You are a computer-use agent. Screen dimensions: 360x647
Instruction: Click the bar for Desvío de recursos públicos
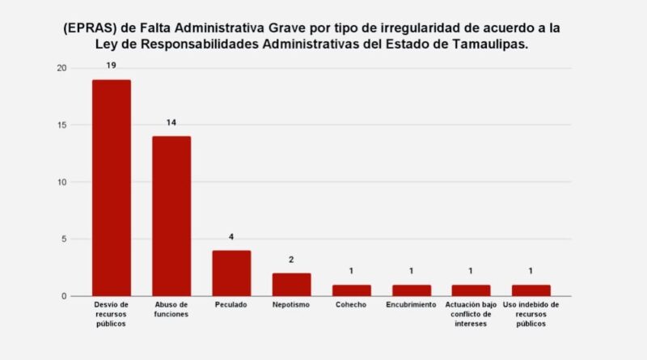112,188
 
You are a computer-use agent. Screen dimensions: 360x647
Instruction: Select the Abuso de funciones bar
171,216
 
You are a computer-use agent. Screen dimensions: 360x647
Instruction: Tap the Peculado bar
231,273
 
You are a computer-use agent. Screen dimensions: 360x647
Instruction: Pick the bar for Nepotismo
291,285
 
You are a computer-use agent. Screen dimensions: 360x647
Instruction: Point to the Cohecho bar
351,290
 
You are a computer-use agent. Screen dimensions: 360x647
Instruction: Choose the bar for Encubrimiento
411,290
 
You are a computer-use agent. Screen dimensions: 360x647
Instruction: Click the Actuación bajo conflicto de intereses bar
471,290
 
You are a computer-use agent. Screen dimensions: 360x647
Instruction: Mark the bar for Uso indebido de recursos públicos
531,290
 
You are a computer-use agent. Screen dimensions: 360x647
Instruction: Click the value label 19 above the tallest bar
112,64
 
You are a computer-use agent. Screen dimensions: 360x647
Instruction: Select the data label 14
171,121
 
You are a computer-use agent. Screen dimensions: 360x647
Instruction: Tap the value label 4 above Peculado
231,236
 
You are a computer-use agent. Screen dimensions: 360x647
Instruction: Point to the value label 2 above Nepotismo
291,259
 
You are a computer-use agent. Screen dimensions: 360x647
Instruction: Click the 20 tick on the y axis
61,68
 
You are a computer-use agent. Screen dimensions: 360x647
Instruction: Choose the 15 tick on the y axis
61,125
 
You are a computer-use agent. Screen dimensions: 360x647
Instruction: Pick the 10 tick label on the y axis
61,182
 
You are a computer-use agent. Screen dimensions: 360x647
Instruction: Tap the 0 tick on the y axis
64,296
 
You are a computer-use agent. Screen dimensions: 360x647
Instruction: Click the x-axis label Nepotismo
291,305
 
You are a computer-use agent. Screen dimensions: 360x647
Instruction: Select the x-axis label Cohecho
351,305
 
